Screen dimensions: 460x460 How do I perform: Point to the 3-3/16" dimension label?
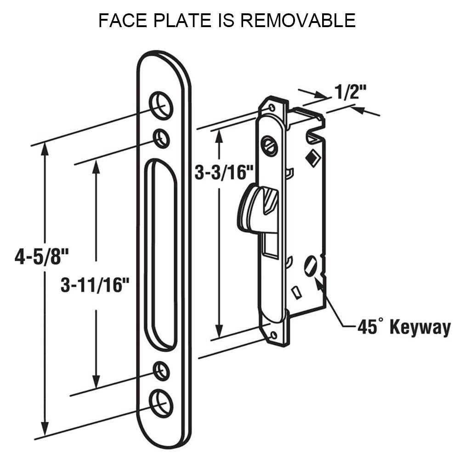tap(224, 173)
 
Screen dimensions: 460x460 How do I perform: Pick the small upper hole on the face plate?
tap(160, 137)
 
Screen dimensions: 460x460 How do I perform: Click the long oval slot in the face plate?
tap(161, 253)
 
